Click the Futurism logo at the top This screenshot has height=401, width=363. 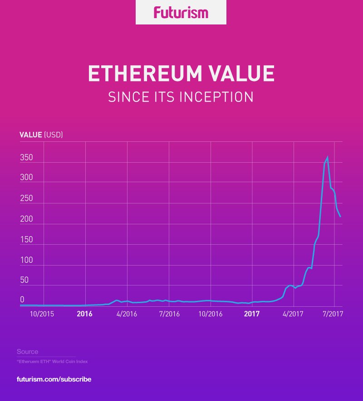pyautogui.click(x=181, y=12)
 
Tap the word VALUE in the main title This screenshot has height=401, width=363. pyautogui.click(x=241, y=74)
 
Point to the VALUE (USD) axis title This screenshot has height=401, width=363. pyautogui.click(x=41, y=135)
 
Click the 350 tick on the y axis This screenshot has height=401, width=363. pyautogui.click(x=26, y=158)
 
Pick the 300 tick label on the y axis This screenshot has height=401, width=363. pyautogui.click(x=26, y=178)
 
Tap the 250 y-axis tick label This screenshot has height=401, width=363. pyautogui.click(x=26, y=198)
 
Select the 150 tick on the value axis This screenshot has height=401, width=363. pyautogui.click(x=26, y=239)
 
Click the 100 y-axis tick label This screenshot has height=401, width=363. pyautogui.click(x=26, y=260)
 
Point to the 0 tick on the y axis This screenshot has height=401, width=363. pyautogui.click(x=22, y=300)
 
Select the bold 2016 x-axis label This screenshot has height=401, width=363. pyautogui.click(x=84, y=314)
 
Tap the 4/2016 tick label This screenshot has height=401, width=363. pyautogui.click(x=127, y=314)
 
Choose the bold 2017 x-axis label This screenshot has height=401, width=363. pyautogui.click(x=251, y=314)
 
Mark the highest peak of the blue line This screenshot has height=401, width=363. pyautogui.click(x=327, y=158)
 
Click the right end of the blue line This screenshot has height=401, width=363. pyautogui.click(x=340, y=217)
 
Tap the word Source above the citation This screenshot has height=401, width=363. pyautogui.click(x=27, y=352)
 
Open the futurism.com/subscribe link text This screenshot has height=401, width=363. pyautogui.click(x=54, y=379)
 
